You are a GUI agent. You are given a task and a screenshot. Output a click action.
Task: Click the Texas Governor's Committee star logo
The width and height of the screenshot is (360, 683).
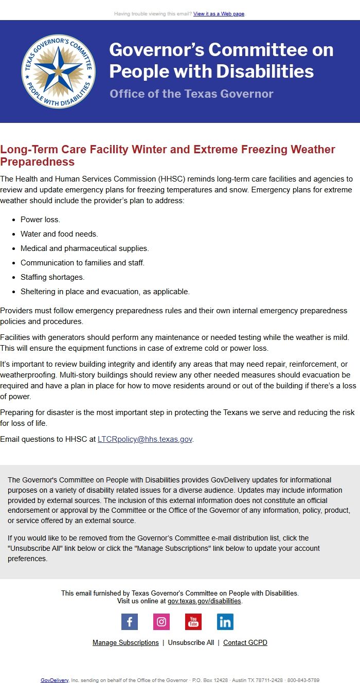[x=58, y=71]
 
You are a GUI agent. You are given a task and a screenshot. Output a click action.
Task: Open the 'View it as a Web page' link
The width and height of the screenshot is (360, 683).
[x=219, y=13]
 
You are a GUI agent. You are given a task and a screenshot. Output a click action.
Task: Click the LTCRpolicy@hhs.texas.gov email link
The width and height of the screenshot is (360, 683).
[x=145, y=439]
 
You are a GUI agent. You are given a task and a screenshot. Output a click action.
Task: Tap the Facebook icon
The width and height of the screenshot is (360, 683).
[x=130, y=622]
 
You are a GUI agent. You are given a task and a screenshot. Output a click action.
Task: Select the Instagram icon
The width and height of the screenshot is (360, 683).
[x=161, y=622]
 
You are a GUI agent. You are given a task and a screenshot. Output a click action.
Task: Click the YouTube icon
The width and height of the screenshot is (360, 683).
[x=193, y=622]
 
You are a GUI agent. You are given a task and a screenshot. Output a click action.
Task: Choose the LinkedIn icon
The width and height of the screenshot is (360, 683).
[x=225, y=622]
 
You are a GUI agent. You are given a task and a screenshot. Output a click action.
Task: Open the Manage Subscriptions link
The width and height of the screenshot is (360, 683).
[x=125, y=643]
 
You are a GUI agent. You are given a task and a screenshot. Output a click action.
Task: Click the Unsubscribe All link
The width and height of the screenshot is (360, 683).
[x=191, y=643]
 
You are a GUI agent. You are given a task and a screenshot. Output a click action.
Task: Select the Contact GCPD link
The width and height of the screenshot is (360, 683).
[x=245, y=643]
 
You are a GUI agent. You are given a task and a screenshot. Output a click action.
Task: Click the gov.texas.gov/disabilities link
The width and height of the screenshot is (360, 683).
[x=204, y=601]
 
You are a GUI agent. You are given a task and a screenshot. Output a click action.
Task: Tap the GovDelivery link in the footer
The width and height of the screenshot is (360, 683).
[x=55, y=680]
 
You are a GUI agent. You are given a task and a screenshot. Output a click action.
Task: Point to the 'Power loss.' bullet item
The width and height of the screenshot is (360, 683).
[x=40, y=220]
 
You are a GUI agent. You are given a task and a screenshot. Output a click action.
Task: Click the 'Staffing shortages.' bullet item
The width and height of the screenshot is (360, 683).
[x=52, y=277]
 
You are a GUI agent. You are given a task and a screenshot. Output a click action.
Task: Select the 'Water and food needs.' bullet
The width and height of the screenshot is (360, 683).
[x=59, y=234]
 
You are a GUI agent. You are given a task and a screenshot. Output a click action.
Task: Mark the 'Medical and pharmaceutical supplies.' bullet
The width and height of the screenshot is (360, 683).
[x=85, y=248]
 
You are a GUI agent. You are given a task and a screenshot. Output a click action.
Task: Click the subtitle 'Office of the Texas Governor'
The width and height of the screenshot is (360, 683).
[x=191, y=94]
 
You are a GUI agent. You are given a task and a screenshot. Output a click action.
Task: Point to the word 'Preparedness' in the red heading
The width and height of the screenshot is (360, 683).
[x=38, y=162]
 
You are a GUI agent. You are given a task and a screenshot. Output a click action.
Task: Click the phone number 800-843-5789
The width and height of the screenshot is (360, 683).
[x=303, y=680]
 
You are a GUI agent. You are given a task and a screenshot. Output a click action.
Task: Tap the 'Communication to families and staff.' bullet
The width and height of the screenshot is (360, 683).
[x=82, y=263]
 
